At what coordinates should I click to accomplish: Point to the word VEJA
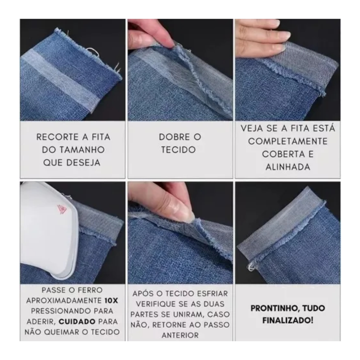(252, 128)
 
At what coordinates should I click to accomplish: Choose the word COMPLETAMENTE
(288, 141)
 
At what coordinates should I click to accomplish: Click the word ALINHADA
(288, 167)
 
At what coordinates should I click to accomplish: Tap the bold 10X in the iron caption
(111, 301)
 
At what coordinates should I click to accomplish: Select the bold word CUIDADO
(77, 321)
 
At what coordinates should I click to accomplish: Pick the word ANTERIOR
(180, 335)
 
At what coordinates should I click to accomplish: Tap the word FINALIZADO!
(288, 320)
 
